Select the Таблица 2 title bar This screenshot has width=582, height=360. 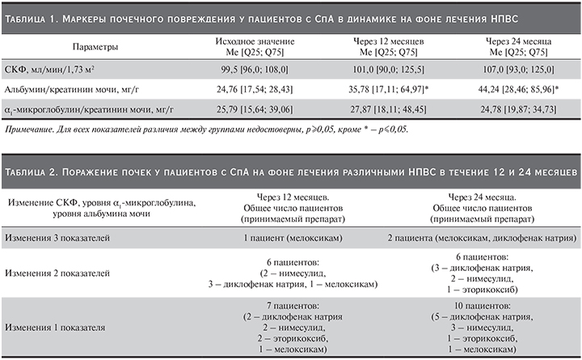coord(291,172)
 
